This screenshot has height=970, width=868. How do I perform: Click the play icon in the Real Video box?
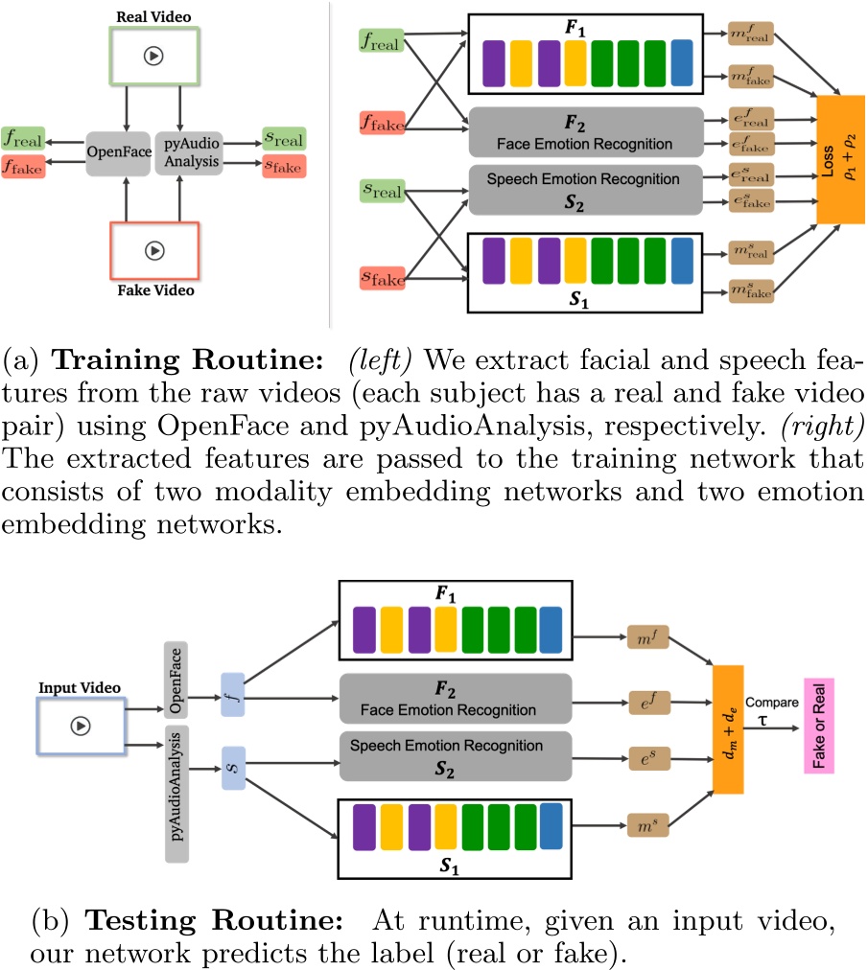point(152,56)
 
